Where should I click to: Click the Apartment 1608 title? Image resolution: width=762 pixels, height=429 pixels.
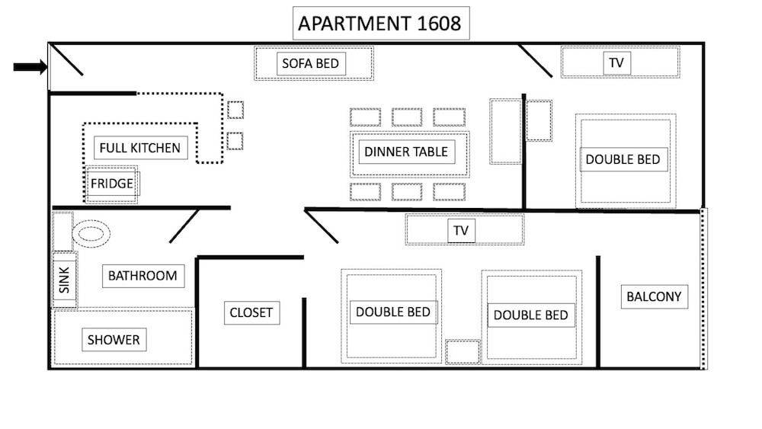[x=379, y=24]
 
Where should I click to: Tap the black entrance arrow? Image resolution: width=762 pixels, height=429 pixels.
[x=30, y=67]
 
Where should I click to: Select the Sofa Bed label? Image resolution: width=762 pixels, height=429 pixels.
[x=311, y=64]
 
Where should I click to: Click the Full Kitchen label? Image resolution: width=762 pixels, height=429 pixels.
[x=140, y=148]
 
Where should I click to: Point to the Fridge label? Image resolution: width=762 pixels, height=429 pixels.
[x=112, y=184]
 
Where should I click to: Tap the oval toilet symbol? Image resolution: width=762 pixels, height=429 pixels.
[x=91, y=234]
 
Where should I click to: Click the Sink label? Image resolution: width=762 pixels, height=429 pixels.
[x=65, y=280]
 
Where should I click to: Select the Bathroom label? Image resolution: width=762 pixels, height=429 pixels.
[x=143, y=276]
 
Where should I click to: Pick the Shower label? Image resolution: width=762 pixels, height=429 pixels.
[x=114, y=340]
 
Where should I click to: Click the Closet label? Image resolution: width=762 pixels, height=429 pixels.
[x=251, y=312]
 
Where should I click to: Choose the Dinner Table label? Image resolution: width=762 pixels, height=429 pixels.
[x=406, y=152]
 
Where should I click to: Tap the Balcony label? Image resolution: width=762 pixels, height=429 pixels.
[x=654, y=296]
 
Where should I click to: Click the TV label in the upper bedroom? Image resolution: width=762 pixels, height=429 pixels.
[x=616, y=63]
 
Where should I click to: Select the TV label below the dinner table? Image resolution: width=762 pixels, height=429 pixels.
[x=461, y=230]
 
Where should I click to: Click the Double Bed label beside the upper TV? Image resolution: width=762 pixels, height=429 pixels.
[x=623, y=159]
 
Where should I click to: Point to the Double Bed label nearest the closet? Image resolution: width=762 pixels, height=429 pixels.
[x=393, y=312]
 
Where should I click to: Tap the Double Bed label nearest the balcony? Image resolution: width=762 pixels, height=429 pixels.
[x=530, y=315]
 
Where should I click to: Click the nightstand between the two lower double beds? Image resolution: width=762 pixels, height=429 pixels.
[x=463, y=352]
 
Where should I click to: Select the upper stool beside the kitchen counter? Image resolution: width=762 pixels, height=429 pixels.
[x=235, y=110]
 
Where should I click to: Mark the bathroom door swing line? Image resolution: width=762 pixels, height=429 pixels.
[x=184, y=226]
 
